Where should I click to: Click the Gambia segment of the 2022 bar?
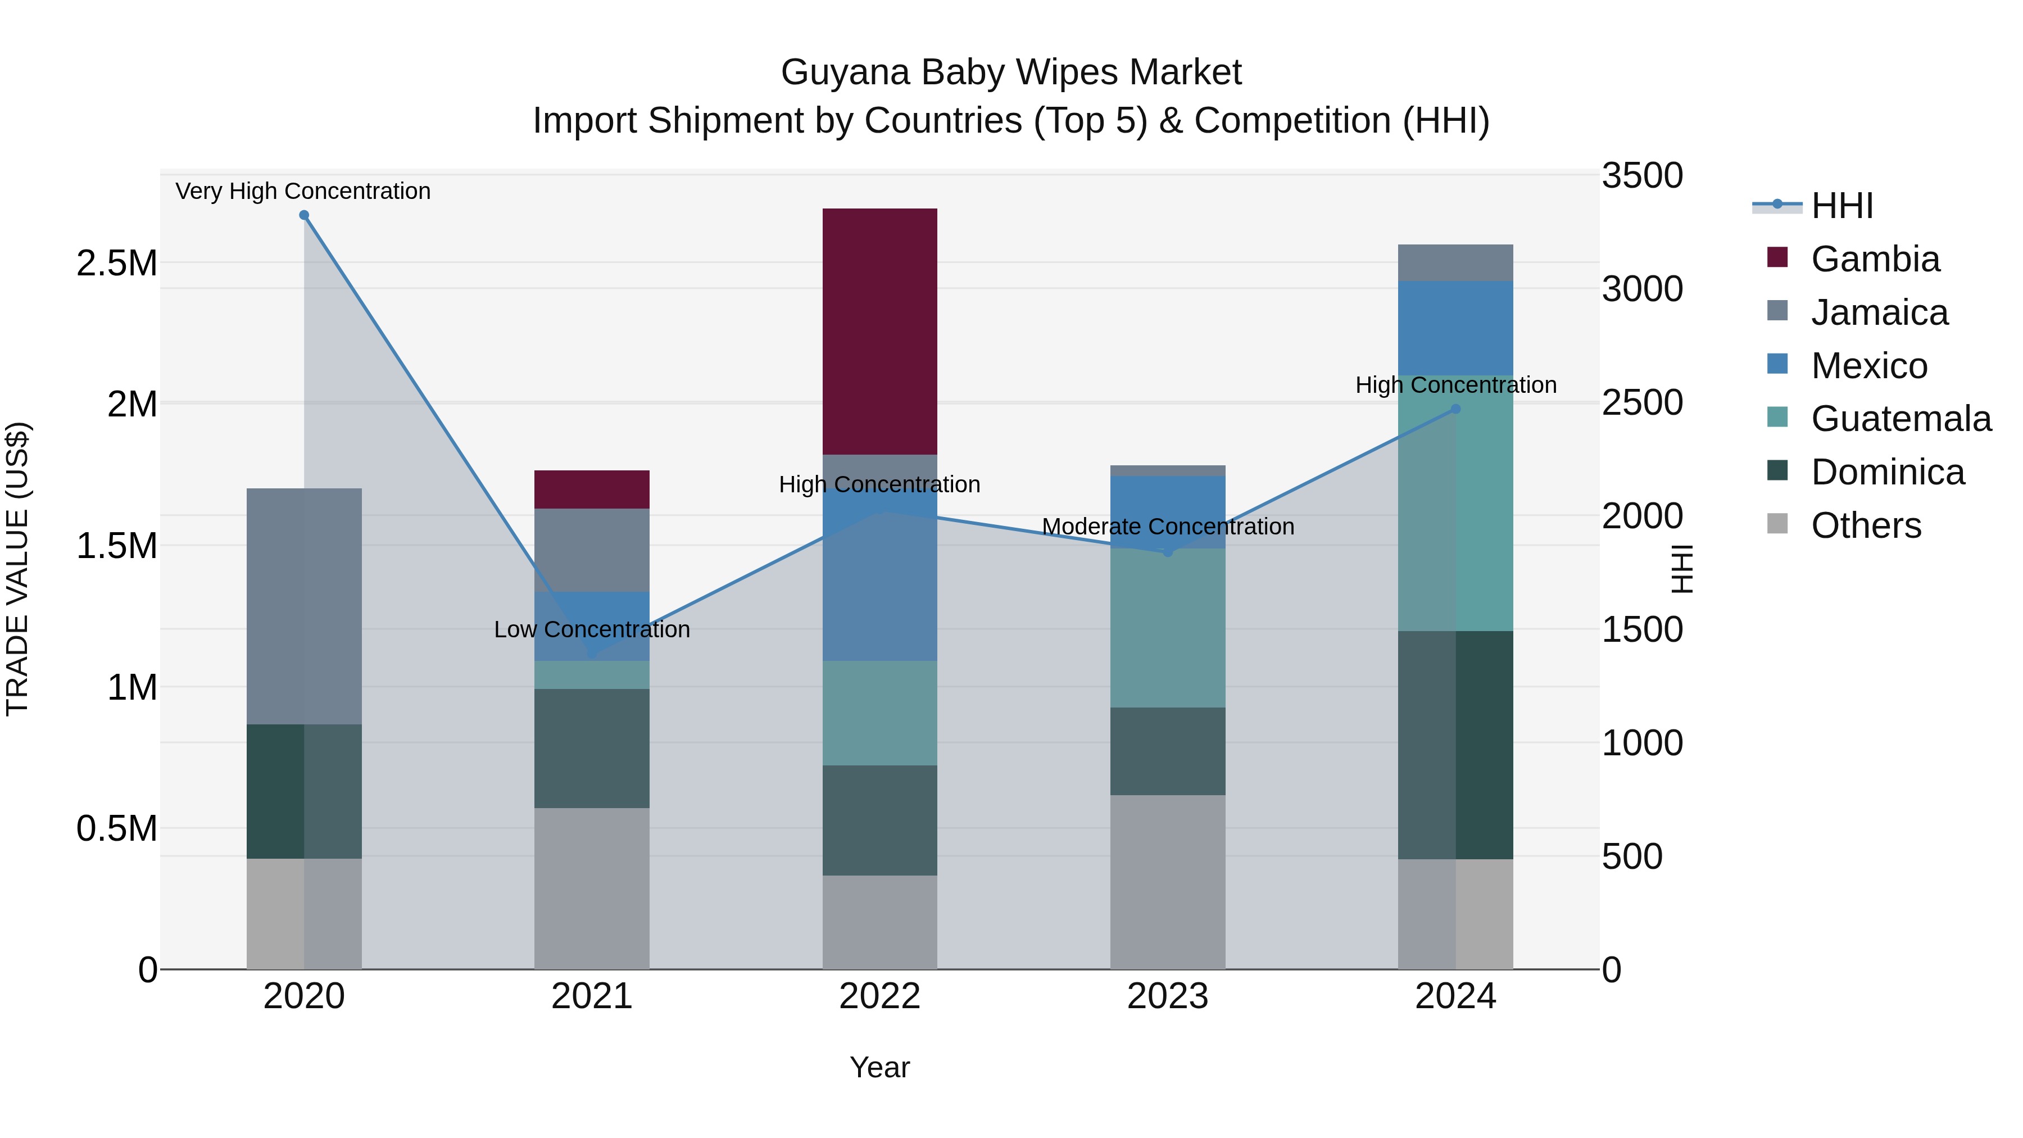pos(879,332)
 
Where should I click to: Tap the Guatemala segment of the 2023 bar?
pos(1168,628)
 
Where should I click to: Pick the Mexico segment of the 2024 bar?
pos(1455,328)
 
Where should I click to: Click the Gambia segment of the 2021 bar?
pos(591,489)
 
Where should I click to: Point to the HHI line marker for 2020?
pos(304,215)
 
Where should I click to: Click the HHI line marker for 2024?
pos(1455,409)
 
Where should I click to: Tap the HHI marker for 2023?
pos(1168,552)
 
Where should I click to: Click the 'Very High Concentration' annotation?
pos(302,191)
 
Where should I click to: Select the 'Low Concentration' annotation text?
pos(591,629)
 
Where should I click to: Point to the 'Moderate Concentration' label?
pos(1168,526)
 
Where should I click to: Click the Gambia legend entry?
pos(1875,259)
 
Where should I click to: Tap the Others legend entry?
pos(1865,525)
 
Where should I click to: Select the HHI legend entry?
pos(1841,206)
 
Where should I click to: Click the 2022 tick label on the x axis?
pos(879,996)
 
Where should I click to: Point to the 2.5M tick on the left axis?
pos(117,263)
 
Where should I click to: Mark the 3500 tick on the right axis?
pos(1642,175)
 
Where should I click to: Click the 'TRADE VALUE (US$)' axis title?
pos(17,569)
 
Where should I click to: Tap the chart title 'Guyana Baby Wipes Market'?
pos(1011,72)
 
